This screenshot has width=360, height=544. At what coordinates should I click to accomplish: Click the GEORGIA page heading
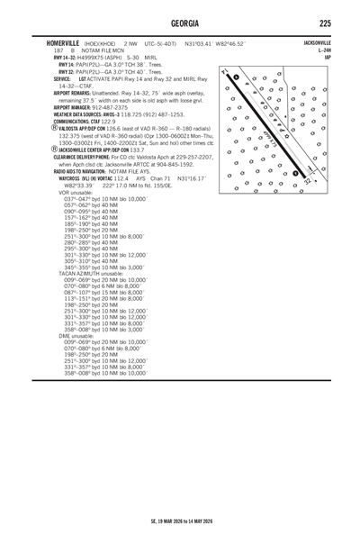180,23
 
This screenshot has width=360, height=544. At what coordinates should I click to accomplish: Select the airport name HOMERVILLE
47,42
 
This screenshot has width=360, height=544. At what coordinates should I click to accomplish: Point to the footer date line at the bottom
180,523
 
